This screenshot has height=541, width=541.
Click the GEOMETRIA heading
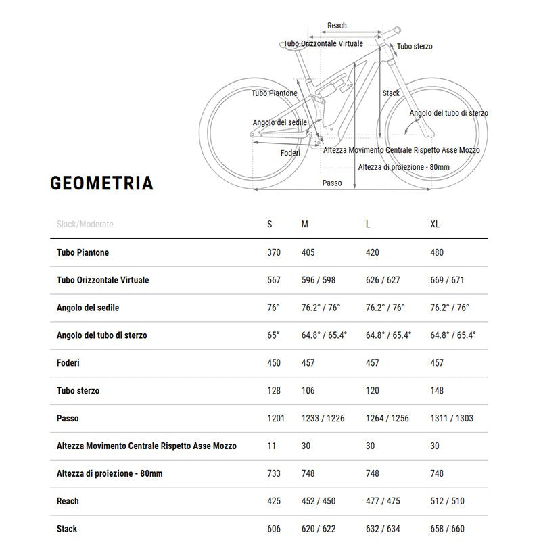pyautogui.click(x=102, y=183)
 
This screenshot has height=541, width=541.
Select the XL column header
pyautogui.click(x=436, y=225)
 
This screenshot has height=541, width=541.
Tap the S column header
pyautogui.click(x=270, y=225)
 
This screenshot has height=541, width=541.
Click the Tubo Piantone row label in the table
pyautogui.click(x=83, y=252)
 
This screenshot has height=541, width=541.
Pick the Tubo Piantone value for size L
pyautogui.click(x=373, y=252)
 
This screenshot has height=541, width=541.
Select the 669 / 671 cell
pyautogui.click(x=446, y=280)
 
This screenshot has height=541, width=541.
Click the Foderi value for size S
pyautogui.click(x=274, y=363)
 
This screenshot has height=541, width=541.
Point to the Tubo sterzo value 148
pyautogui.click(x=438, y=391)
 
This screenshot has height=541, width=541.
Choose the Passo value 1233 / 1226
pyautogui.click(x=323, y=419)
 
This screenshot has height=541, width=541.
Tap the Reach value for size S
pyautogui.click(x=274, y=501)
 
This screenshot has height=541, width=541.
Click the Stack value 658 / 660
pyautogui.click(x=446, y=529)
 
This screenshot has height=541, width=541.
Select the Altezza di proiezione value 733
pyautogui.click(x=274, y=473)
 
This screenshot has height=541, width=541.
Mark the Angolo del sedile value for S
pyautogui.click(x=273, y=308)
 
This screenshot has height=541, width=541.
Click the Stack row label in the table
pyautogui.click(x=67, y=529)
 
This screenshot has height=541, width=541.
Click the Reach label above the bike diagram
pyautogui.click(x=337, y=26)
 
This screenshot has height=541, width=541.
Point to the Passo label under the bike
pyautogui.click(x=332, y=183)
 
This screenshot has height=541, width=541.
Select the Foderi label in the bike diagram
pyautogui.click(x=290, y=153)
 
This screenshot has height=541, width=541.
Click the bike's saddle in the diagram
pyautogui.click(x=291, y=45)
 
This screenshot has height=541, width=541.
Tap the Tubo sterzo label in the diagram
pyautogui.click(x=415, y=47)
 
